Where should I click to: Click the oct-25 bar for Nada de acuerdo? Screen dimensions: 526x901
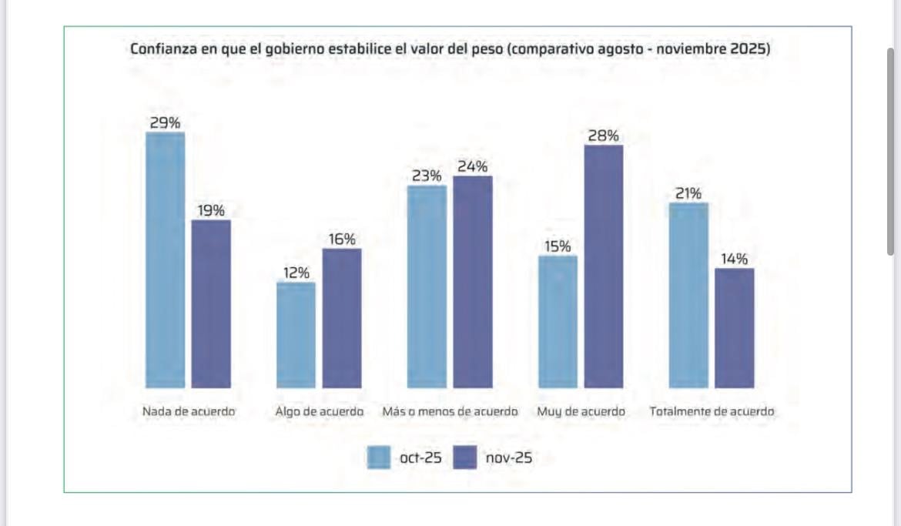(165, 260)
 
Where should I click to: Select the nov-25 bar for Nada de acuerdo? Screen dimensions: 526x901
(211, 303)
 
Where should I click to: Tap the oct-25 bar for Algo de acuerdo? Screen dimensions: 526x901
(296, 334)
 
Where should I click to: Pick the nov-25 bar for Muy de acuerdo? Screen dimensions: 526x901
(603, 266)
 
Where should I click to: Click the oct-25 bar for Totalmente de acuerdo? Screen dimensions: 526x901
(688, 295)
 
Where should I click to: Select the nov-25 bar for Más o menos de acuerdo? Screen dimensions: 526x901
(472, 281)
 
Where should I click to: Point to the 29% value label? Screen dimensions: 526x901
(165, 122)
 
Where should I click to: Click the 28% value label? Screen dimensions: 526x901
(603, 136)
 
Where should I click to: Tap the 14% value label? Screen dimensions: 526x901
(734, 259)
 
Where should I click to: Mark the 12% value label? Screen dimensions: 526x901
(296, 273)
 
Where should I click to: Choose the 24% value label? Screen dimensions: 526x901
(472, 166)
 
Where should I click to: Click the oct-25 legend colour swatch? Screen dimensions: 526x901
(378, 457)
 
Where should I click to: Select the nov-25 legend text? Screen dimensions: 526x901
(508, 458)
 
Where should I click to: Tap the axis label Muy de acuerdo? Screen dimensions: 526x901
(581, 412)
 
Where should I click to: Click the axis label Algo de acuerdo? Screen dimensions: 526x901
(319, 412)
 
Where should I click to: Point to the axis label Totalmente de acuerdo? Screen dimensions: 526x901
(712, 412)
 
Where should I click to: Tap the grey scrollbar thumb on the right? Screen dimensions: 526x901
(891, 150)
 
